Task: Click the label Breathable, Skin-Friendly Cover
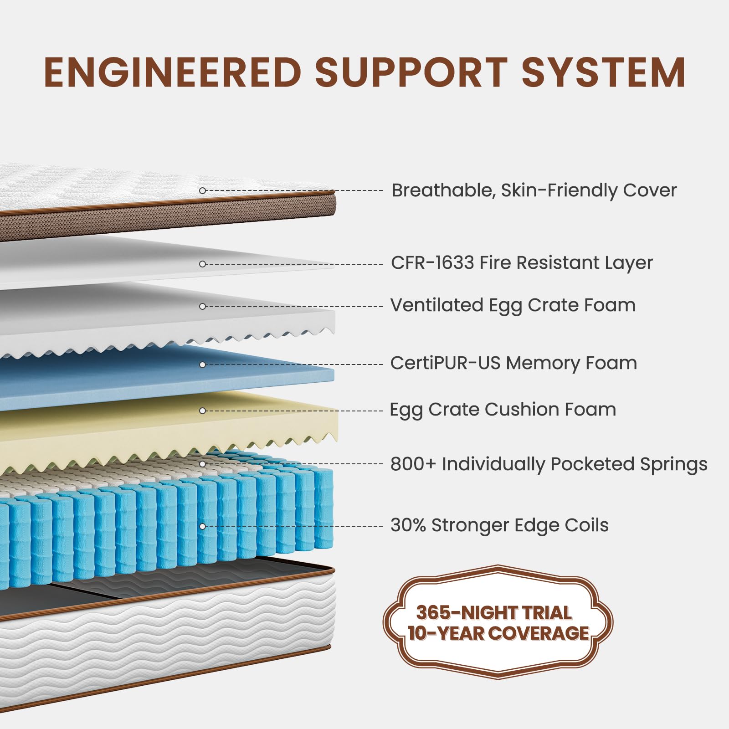point(534,190)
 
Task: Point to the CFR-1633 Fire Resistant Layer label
point(522,263)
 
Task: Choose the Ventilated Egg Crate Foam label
point(513,306)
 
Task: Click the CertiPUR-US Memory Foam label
point(513,363)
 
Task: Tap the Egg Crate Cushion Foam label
point(503,410)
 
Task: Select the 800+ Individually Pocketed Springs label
point(549,464)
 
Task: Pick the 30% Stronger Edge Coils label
point(499,525)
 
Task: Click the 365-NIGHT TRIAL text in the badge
point(494,613)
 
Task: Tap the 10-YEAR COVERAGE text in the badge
point(498,633)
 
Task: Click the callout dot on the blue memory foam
point(203,364)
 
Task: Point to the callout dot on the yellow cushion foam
point(203,411)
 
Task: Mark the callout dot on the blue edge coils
point(203,526)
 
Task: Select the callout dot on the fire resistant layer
point(203,264)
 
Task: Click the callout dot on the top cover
point(203,190)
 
